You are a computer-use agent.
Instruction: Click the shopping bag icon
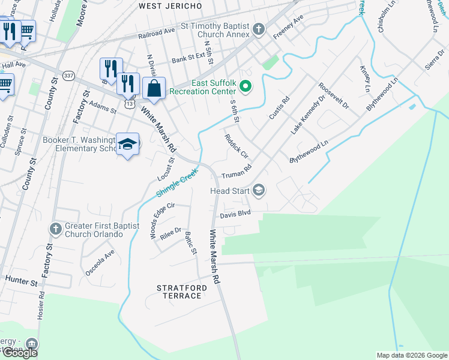tap(154, 88)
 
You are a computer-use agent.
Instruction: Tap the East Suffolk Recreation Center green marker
tap(245, 88)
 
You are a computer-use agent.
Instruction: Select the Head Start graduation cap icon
tap(259, 191)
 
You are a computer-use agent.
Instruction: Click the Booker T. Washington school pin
tap(127, 144)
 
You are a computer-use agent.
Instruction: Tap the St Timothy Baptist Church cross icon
tap(259, 29)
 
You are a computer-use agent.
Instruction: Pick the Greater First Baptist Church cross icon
tap(55, 229)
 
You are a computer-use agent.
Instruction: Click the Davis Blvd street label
tap(234, 214)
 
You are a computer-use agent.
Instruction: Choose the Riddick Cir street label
tap(236, 145)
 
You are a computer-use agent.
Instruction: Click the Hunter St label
tap(22, 280)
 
